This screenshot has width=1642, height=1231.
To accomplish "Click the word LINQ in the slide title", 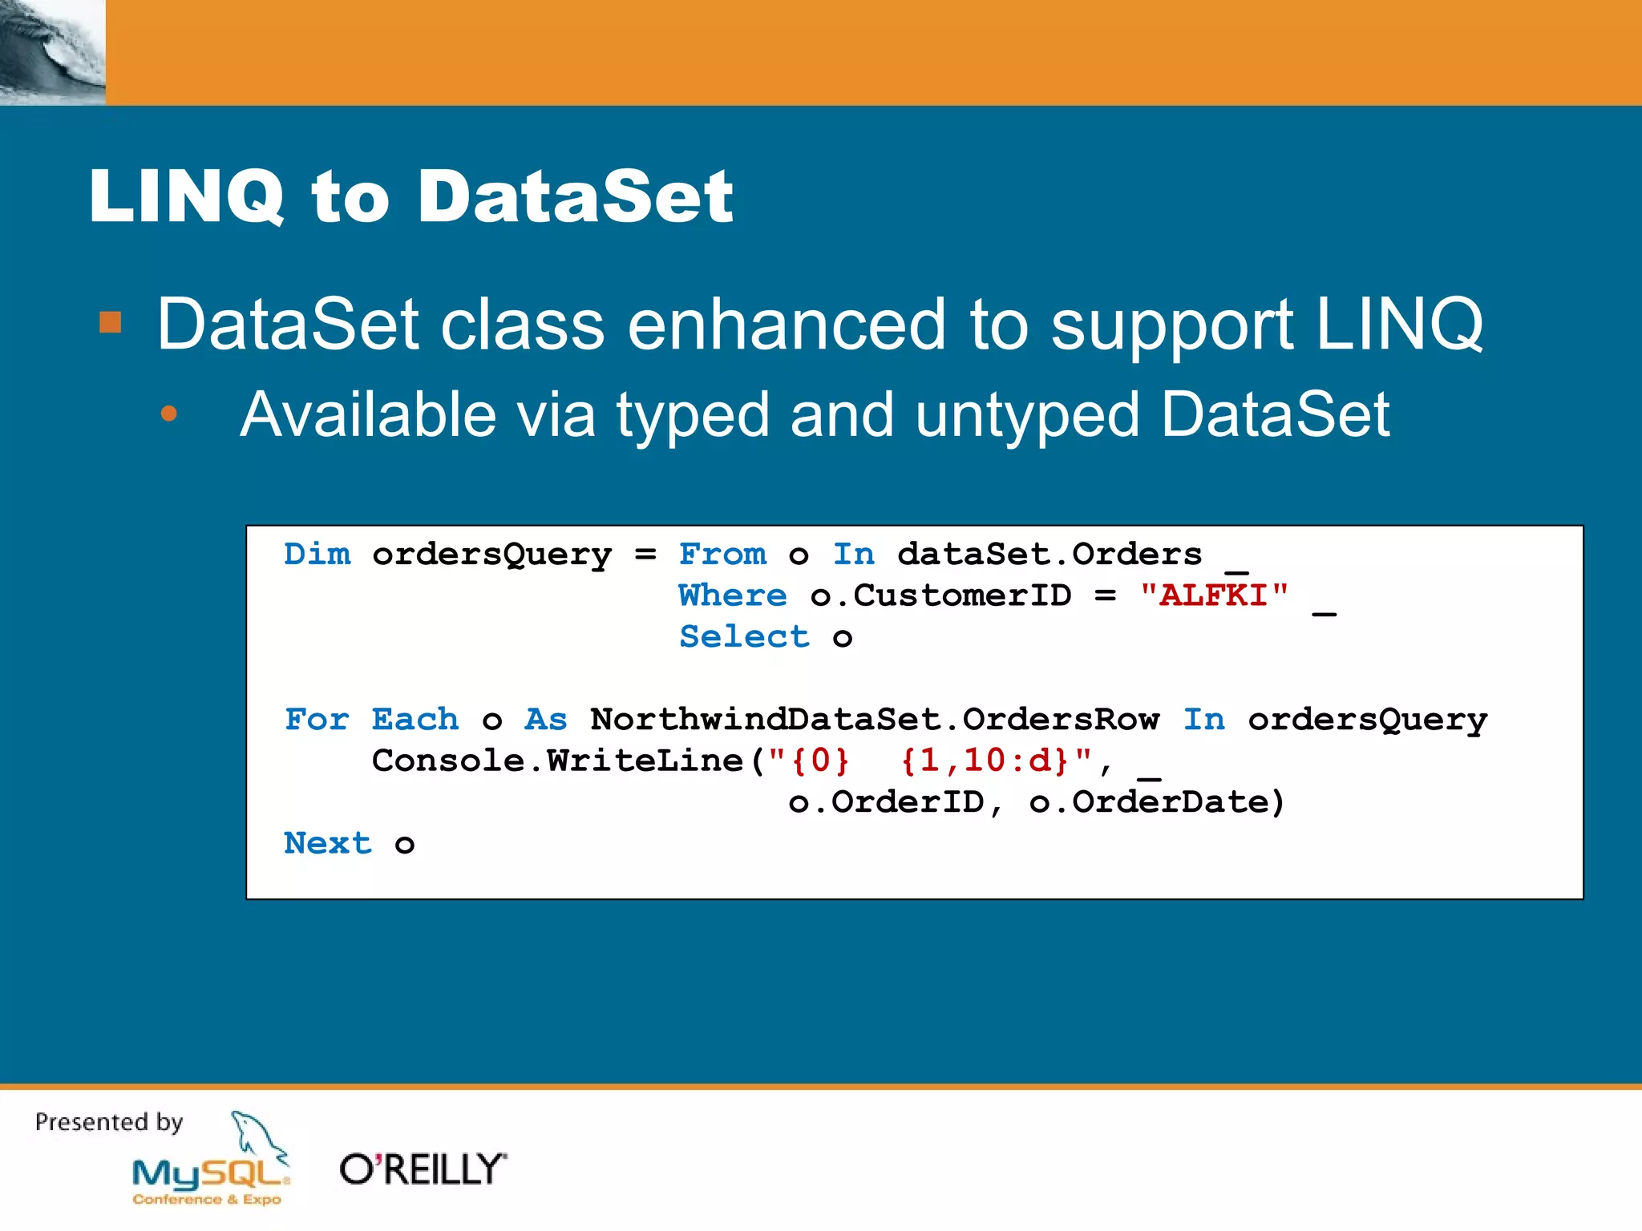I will (186, 196).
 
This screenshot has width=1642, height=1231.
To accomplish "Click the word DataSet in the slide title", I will (575, 196).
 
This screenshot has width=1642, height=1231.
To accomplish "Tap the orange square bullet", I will (110, 323).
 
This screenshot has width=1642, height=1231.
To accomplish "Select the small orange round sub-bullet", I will (168, 414).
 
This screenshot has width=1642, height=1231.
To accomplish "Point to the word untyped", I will (1027, 415).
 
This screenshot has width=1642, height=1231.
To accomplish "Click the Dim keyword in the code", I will (317, 554).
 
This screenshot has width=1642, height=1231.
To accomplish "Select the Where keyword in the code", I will (733, 595).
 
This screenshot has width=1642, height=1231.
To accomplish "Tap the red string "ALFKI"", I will (1214, 595).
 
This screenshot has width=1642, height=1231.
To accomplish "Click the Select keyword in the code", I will (744, 637).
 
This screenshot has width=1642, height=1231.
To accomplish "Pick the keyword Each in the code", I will (415, 720).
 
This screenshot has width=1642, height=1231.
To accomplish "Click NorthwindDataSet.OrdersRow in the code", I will (875, 720).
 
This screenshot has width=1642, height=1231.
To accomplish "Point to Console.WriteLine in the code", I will (558, 761).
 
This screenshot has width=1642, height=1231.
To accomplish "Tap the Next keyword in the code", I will (328, 843).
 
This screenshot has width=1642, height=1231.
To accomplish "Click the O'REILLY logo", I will (423, 1169).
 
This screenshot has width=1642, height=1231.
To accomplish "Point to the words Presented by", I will (109, 1122).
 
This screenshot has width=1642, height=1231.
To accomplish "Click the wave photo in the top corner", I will (52, 52).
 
